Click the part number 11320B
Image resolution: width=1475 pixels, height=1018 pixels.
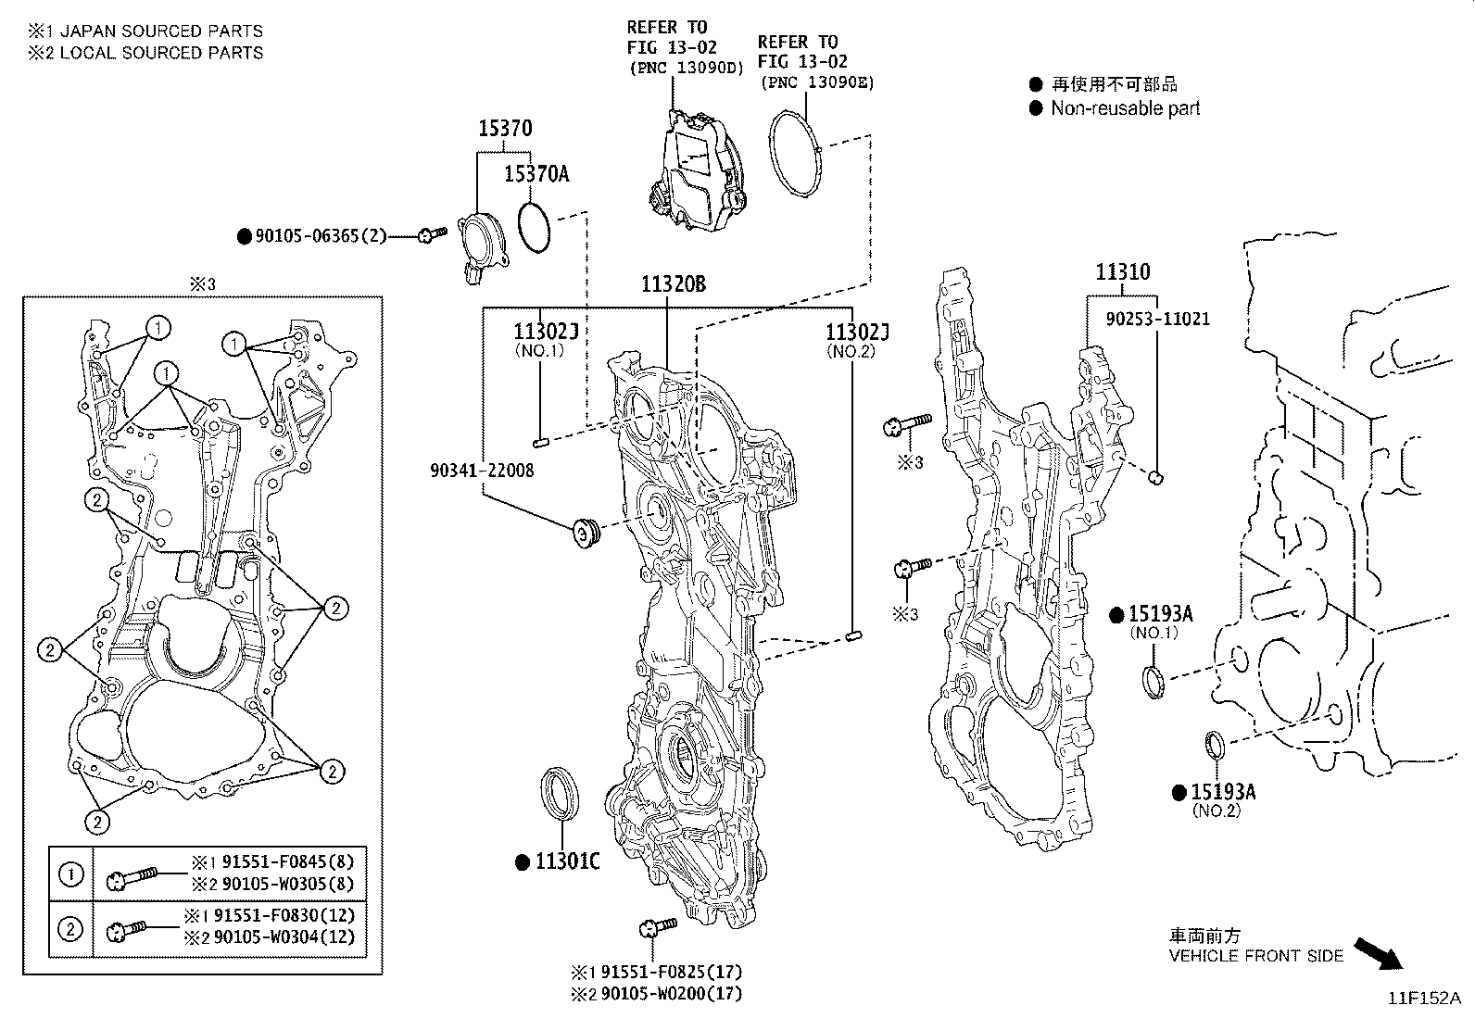click(x=673, y=284)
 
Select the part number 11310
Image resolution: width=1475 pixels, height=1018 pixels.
click(x=1122, y=272)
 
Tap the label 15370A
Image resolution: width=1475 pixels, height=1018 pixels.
click(x=536, y=173)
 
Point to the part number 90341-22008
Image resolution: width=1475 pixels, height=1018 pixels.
click(x=482, y=471)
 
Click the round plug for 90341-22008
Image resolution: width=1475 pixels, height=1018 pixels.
click(x=585, y=534)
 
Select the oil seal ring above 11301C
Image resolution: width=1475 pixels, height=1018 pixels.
click(x=561, y=792)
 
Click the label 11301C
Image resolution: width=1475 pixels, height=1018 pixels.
click(x=567, y=861)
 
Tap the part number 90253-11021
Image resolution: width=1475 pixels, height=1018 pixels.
click(x=1157, y=319)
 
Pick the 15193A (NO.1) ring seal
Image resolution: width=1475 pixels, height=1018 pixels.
click(x=1154, y=682)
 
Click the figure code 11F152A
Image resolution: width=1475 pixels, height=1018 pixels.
click(x=1422, y=998)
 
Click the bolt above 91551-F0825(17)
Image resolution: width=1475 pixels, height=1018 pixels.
click(x=657, y=929)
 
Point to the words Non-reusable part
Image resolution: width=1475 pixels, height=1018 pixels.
click(x=1125, y=108)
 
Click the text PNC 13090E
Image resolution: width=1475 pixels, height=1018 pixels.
click(x=816, y=82)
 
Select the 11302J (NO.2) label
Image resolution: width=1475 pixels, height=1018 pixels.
click(x=857, y=332)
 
